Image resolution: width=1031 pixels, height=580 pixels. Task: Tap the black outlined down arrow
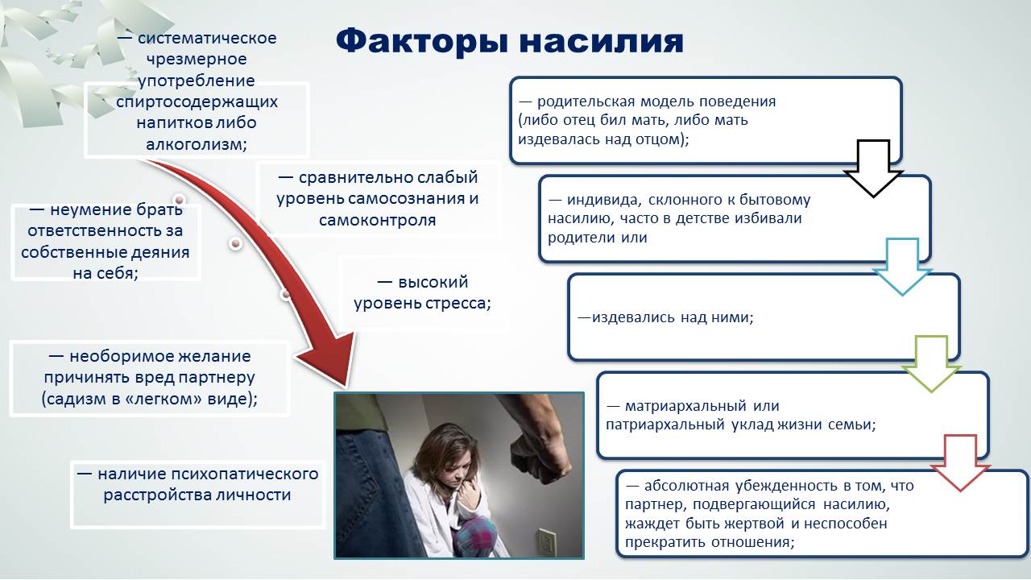pyautogui.click(x=873, y=168)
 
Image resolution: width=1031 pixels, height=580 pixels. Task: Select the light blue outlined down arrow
pyautogui.click(x=902, y=267)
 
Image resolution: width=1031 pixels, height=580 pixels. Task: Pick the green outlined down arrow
pyautogui.click(x=931, y=364)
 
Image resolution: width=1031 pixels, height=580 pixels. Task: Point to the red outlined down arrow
pyautogui.click(x=960, y=463)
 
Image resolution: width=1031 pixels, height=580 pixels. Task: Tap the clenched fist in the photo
pyautogui.click(x=540, y=457)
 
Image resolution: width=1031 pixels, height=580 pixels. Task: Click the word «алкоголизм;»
pyautogui.click(x=197, y=144)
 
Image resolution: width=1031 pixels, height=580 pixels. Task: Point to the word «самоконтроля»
pyautogui.click(x=378, y=220)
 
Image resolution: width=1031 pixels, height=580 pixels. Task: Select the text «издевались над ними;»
pyautogui.click(x=665, y=317)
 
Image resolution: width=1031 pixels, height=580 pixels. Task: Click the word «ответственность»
pyautogui.click(x=105, y=230)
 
